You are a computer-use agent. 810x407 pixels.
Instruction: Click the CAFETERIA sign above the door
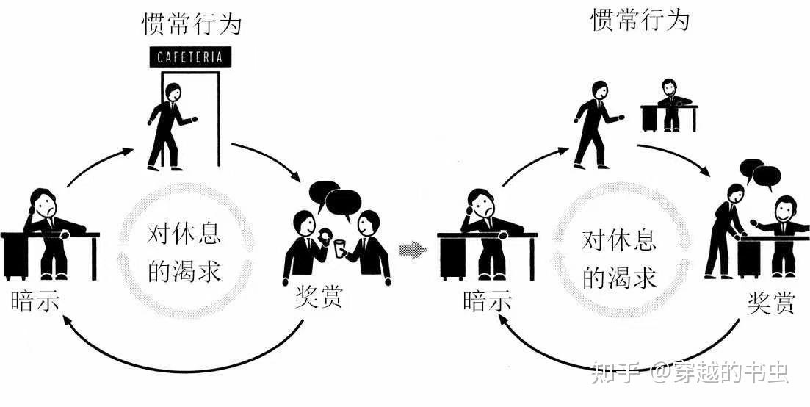coord(190,57)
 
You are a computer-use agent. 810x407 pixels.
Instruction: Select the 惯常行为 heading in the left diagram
coord(191,25)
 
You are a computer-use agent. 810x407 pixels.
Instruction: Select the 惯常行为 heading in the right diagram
coord(640,20)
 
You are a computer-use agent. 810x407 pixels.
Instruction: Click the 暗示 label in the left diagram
coord(35,302)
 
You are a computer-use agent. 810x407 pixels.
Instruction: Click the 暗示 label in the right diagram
coord(486,301)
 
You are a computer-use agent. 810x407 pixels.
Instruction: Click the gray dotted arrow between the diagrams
coord(413,251)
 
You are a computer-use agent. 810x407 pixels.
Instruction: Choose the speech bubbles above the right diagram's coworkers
coord(760,173)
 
